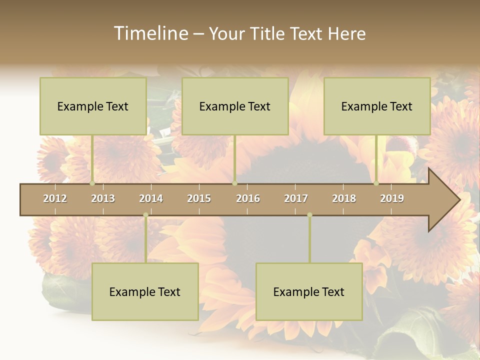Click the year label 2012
(x=55, y=198)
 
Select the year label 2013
(x=103, y=198)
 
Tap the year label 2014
(x=151, y=198)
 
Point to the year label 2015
(x=199, y=198)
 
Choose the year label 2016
(x=248, y=198)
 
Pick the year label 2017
(x=296, y=198)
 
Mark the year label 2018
(x=344, y=198)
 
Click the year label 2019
(x=392, y=198)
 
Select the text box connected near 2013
(x=93, y=106)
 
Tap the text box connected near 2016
(x=235, y=106)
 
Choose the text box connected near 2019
(x=377, y=106)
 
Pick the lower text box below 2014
(x=145, y=291)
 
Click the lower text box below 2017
(x=309, y=291)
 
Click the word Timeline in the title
(x=150, y=33)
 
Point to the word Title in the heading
(x=267, y=33)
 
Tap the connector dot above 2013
(x=92, y=183)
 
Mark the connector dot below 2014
(x=145, y=215)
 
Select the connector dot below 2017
(x=309, y=215)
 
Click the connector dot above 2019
(x=376, y=183)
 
